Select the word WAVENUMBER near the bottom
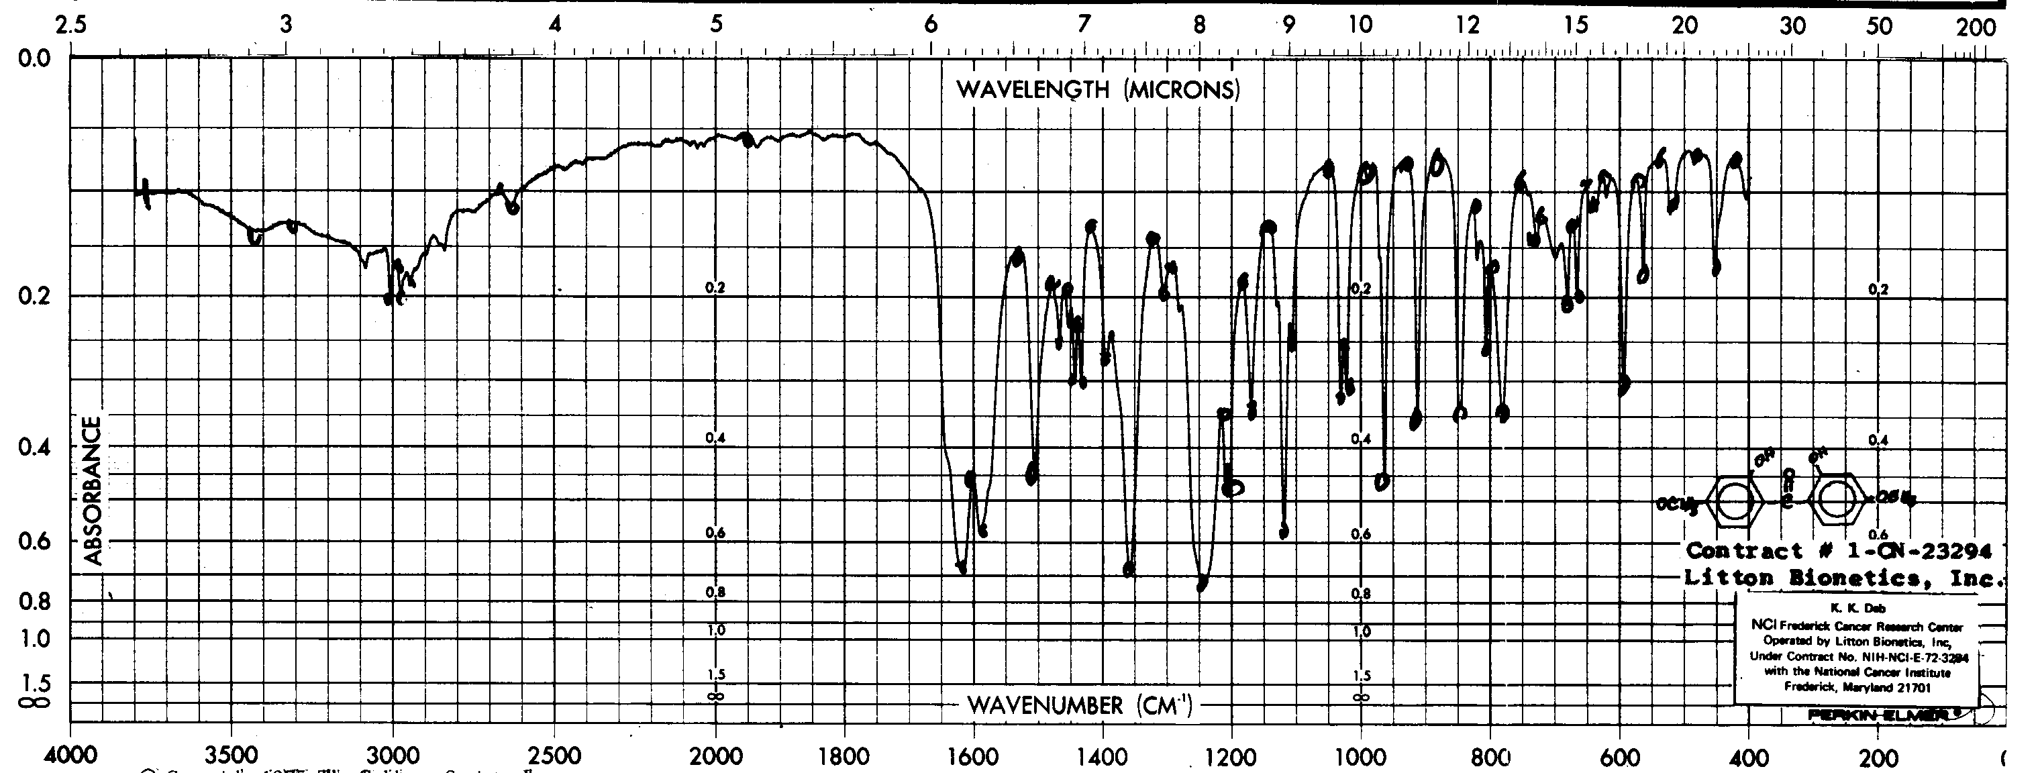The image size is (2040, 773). click(1045, 706)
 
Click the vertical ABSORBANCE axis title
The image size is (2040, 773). click(93, 491)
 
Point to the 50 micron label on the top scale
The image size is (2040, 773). click(1878, 26)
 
